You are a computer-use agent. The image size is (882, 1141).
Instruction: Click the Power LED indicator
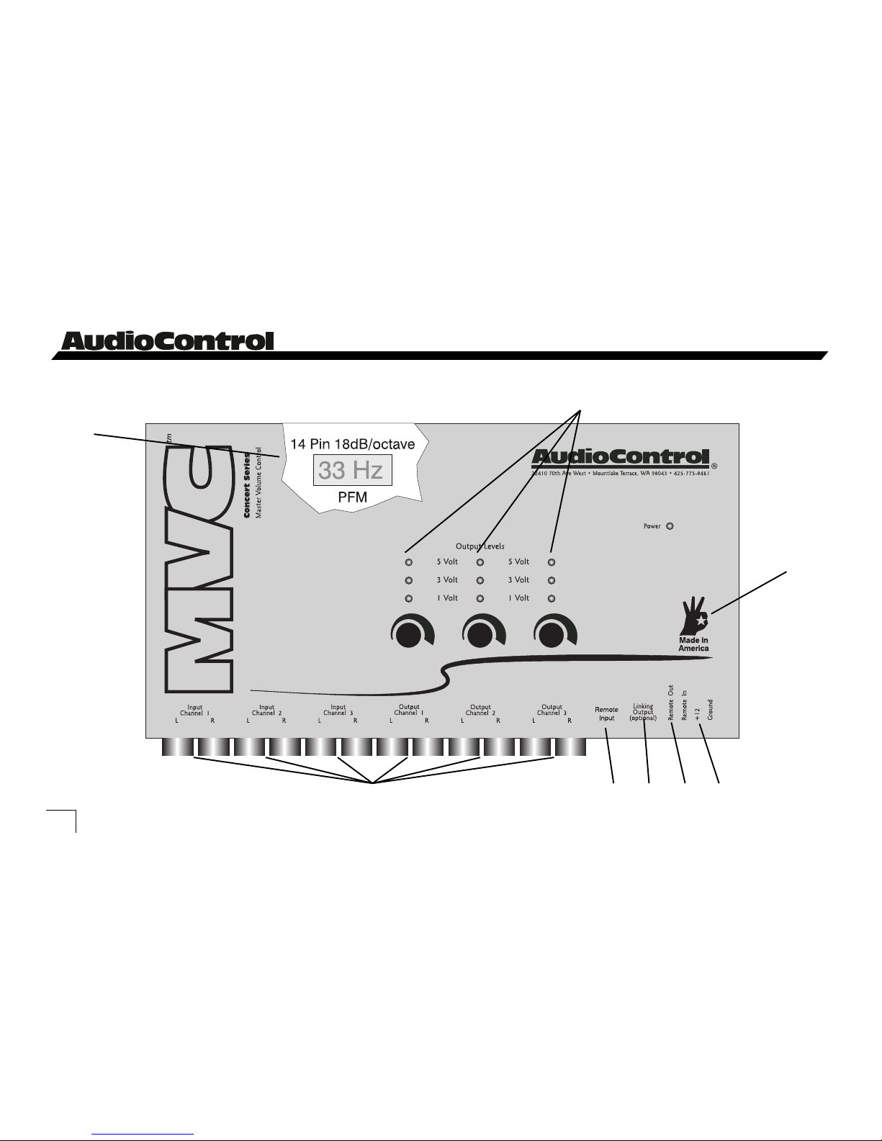pyautogui.click(x=670, y=526)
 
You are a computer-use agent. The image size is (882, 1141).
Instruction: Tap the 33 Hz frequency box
pyautogui.click(x=352, y=470)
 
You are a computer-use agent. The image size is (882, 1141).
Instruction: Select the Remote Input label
pyautogui.click(x=606, y=713)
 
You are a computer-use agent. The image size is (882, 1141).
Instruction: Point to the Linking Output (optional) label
pyautogui.click(x=642, y=712)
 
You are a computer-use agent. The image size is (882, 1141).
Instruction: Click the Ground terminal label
pyautogui.click(x=710, y=709)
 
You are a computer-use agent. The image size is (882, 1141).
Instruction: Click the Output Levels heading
pyautogui.click(x=480, y=546)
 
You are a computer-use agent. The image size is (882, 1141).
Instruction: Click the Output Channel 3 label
pyautogui.click(x=552, y=711)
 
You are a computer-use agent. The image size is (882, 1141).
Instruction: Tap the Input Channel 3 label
pyautogui.click(x=338, y=711)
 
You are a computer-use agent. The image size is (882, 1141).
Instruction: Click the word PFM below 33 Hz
pyautogui.click(x=353, y=497)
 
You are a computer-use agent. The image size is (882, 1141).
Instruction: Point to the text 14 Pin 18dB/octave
pyautogui.click(x=353, y=444)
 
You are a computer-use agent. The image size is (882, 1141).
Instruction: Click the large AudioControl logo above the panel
pyautogui.click(x=168, y=341)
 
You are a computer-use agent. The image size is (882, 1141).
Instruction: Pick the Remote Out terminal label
pyautogui.click(x=671, y=703)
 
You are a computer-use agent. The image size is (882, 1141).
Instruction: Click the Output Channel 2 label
pyautogui.click(x=480, y=711)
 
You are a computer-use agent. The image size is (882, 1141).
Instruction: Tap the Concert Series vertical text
pyautogui.click(x=246, y=485)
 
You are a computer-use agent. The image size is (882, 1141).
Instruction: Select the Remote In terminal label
pyautogui.click(x=685, y=705)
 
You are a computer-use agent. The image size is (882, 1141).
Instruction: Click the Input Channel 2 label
pyautogui.click(x=266, y=711)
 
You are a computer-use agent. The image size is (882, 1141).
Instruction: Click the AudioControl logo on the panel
pyautogui.click(x=620, y=458)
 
